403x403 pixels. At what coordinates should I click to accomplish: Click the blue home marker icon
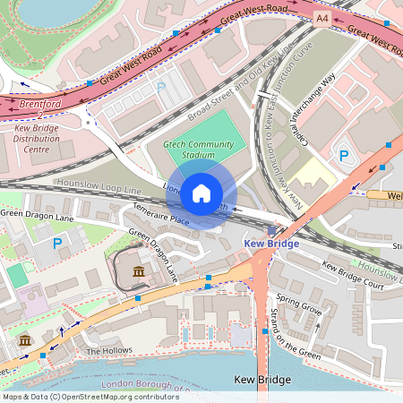pos(201,193)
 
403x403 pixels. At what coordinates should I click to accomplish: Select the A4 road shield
pos(322,18)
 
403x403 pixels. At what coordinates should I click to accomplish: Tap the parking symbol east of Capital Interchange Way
pos(343,156)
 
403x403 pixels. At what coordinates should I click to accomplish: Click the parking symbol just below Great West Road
pos(161,88)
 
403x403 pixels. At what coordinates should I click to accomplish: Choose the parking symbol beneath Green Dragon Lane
pos(57,243)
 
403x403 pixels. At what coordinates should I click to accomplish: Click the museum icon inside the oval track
pos(139,271)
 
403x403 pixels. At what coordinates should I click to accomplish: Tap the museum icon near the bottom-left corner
pos(25,340)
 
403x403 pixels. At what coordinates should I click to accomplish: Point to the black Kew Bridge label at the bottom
pos(262,380)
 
